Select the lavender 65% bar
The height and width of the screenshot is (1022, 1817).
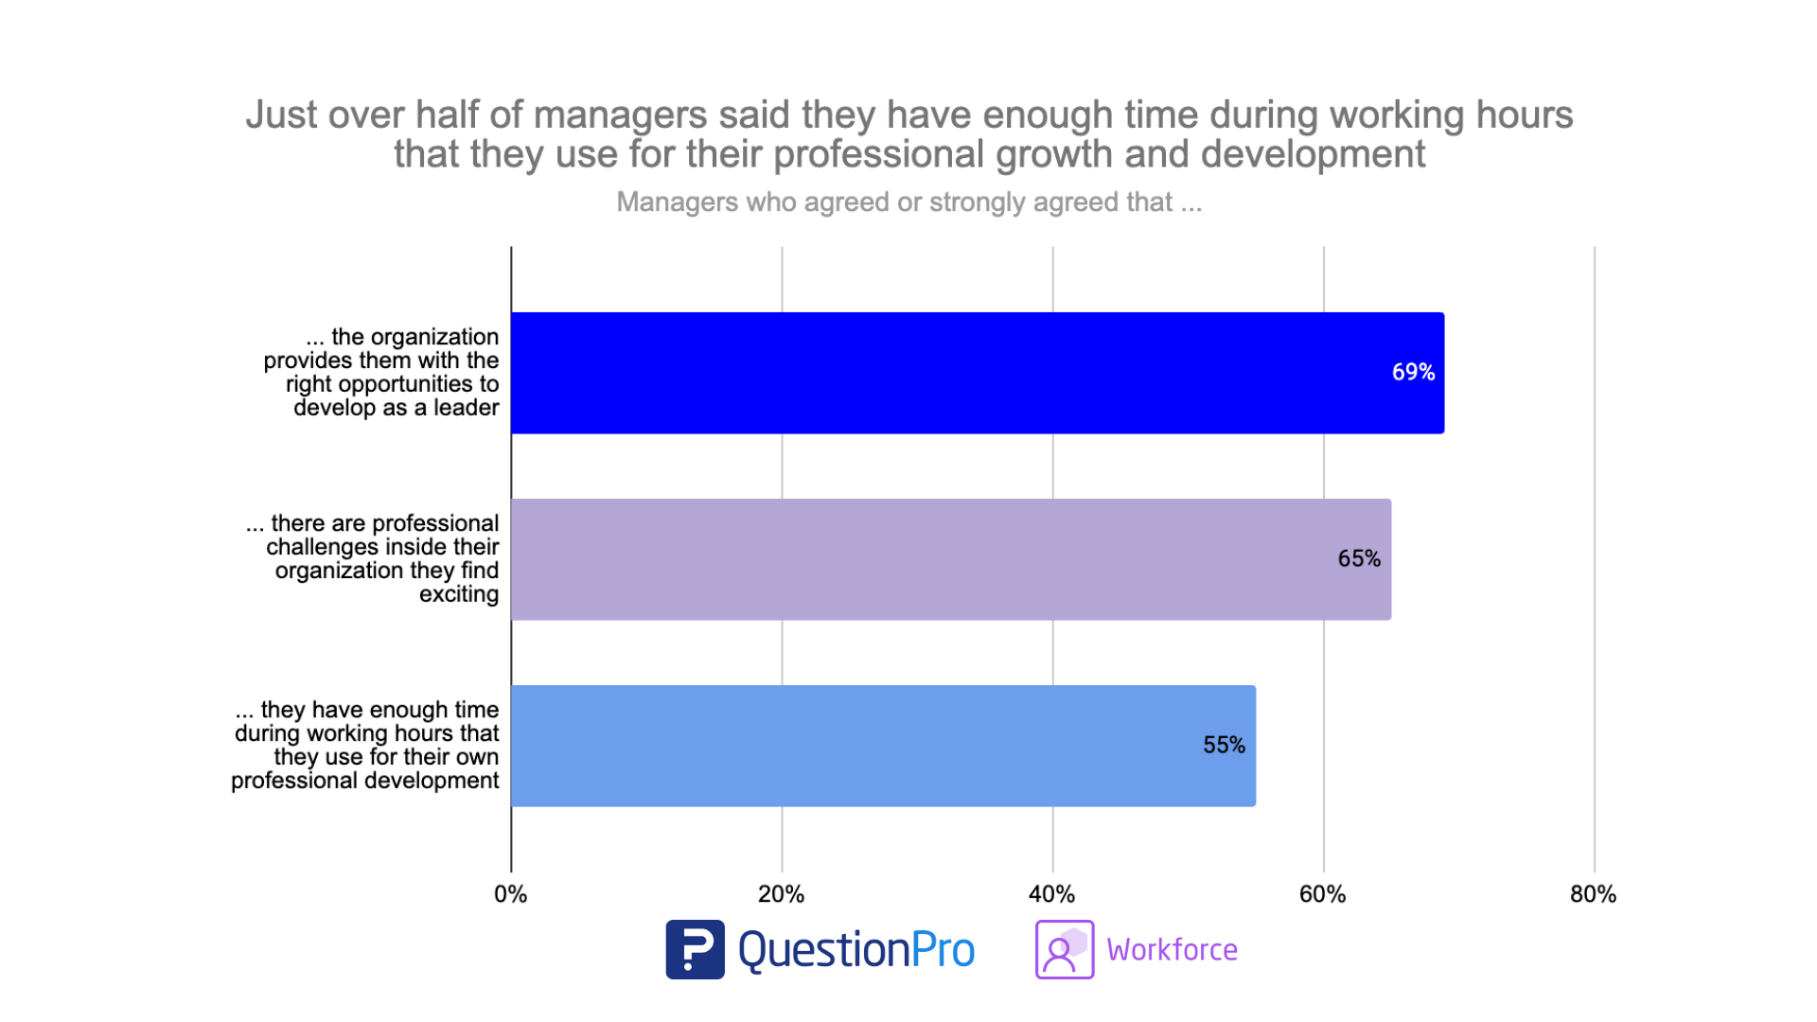(x=946, y=559)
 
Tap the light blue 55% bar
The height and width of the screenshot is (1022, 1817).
(x=880, y=746)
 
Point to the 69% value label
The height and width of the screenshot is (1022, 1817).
(x=1413, y=373)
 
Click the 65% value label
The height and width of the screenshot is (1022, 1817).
(x=1359, y=559)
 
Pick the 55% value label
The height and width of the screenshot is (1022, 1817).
(x=1224, y=746)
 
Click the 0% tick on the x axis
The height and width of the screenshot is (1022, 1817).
(x=511, y=894)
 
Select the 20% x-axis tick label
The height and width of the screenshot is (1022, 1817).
(x=781, y=894)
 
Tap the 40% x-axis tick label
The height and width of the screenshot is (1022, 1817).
(x=1051, y=894)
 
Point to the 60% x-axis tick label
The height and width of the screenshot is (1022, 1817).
(x=1322, y=894)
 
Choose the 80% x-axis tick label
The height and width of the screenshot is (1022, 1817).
(x=1593, y=894)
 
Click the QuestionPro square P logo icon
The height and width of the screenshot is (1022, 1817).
(x=695, y=949)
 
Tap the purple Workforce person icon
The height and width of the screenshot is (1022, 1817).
(x=1064, y=949)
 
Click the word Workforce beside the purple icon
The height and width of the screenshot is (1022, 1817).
(x=1172, y=950)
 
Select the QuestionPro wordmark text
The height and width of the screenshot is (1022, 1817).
(x=856, y=950)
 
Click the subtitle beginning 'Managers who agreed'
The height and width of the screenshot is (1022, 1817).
(x=908, y=203)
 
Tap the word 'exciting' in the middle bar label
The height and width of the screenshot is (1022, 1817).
(x=459, y=594)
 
